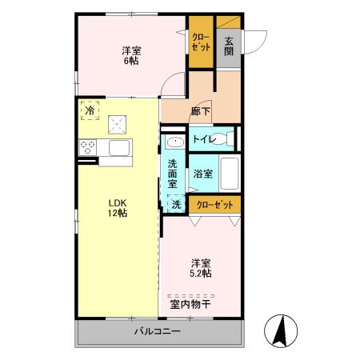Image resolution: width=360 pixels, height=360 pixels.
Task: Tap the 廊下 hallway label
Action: coord(201,113)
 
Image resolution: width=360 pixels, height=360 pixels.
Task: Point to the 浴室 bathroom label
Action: coord(202,173)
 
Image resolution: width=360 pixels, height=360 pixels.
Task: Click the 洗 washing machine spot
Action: coord(176,204)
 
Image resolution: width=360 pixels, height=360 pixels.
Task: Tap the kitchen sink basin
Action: coord(120,149)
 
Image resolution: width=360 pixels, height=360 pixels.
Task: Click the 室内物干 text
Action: coord(190,302)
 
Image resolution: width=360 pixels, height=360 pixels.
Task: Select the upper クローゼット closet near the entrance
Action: coord(200,42)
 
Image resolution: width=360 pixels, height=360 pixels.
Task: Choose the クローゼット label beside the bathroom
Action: coord(214,205)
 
